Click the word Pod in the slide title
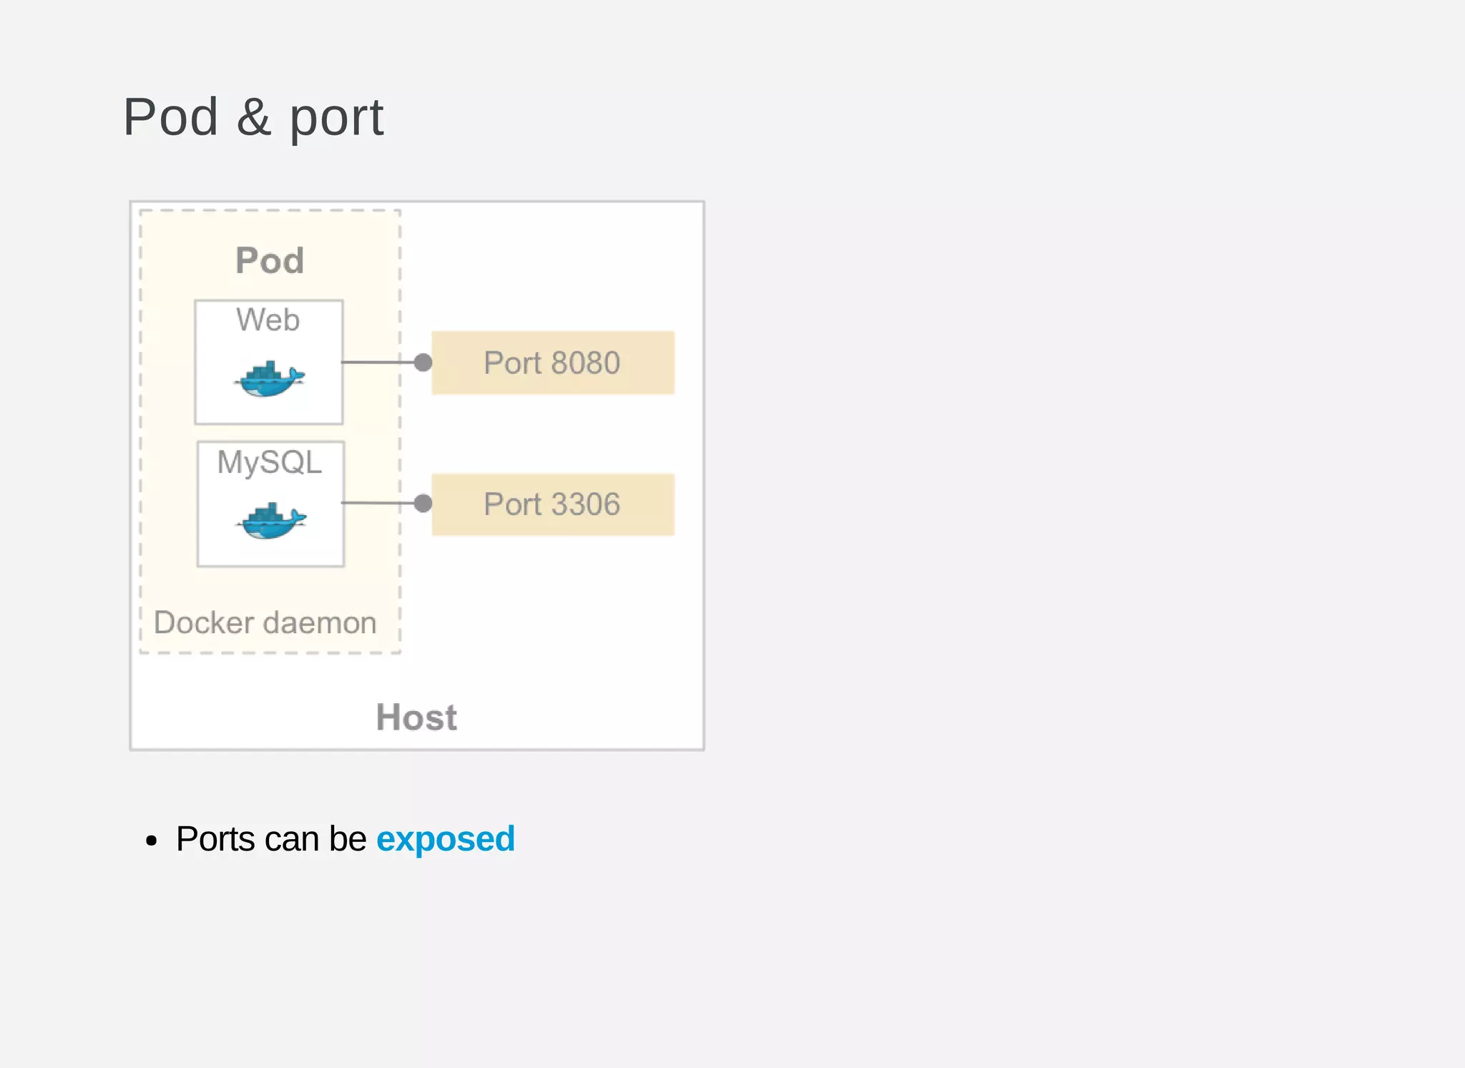pos(171,117)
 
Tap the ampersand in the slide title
pos(254,117)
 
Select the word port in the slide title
pos(336,119)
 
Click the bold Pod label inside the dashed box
pos(270,260)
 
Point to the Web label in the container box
pos(268,320)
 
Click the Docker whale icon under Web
pos(270,379)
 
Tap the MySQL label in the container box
pos(270,463)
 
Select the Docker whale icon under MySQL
pos(271,521)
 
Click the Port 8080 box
pos(553,363)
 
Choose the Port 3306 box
pos(553,504)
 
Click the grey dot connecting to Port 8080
pos(423,363)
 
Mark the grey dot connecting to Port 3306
pos(423,504)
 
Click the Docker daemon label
pos(265,623)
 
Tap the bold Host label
pos(416,717)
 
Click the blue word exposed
pos(445,839)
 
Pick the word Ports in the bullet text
pos(215,839)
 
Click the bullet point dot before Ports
pos(151,841)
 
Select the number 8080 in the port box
pos(585,363)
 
